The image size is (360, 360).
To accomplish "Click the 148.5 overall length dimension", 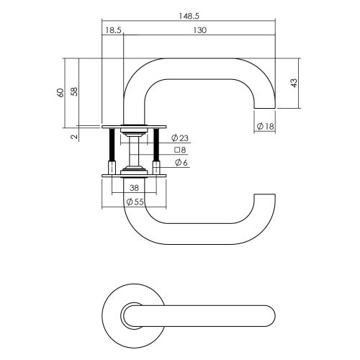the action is coord(189,16).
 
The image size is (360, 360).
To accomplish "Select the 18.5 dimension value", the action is coord(113,30).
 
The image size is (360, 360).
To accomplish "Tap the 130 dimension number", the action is coord(199,30).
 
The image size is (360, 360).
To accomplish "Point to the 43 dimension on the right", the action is coord(294,83).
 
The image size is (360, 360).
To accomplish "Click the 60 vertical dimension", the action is coord(60,93).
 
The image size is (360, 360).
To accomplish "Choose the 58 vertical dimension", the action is coord(75,91).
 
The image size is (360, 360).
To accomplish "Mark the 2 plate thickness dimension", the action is coord(75,137).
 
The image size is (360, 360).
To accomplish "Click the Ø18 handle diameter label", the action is coord(265,126).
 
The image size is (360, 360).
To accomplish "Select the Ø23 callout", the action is coord(180,138).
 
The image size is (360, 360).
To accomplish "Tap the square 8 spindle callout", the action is coord(180,150).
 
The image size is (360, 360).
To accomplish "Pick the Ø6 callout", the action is coord(181,163).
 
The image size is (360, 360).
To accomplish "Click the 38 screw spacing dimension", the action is coord(134,188).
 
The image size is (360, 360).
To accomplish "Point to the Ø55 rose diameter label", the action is coord(135,202).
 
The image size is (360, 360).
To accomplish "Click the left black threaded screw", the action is coord(112,145).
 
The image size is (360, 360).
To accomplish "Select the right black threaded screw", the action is coord(156,145).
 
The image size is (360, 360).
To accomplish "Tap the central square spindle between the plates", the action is coord(134,151).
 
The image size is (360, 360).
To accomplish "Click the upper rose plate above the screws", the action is coord(134,127).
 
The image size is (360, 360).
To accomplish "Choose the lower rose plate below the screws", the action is coord(134,176).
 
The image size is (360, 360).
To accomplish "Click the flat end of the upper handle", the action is coord(265,109).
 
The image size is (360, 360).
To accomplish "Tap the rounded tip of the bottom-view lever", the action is coord(275,316).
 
